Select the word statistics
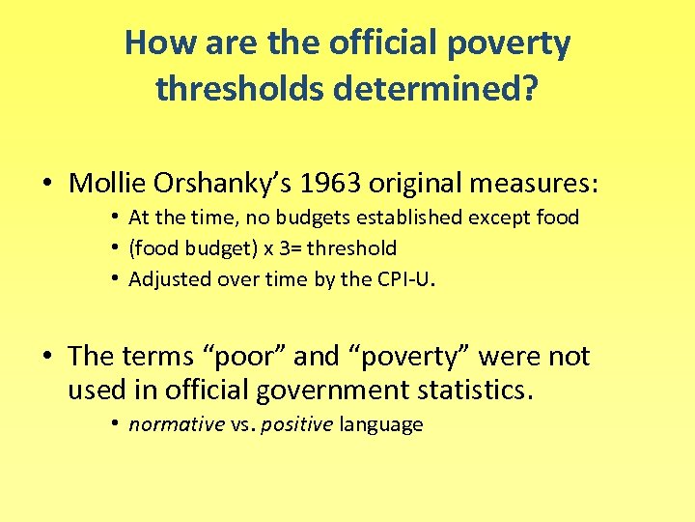click(477, 391)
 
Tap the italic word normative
click(176, 424)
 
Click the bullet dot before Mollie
click(46, 183)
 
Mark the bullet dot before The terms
click(46, 356)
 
